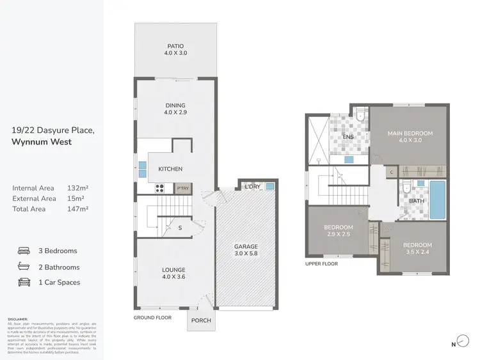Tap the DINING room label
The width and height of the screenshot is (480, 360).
(175, 106)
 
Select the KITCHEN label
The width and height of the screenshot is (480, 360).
(170, 169)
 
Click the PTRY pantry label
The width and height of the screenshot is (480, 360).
(183, 189)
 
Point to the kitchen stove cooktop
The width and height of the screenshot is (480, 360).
(161, 189)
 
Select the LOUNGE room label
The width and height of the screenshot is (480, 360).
(174, 270)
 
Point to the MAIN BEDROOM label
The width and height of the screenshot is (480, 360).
(410, 134)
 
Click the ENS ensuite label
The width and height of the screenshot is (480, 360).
(348, 137)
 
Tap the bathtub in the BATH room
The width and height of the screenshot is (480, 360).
(437, 200)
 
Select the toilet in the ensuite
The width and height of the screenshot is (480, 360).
(361, 115)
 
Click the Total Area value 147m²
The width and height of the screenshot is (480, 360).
(77, 208)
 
